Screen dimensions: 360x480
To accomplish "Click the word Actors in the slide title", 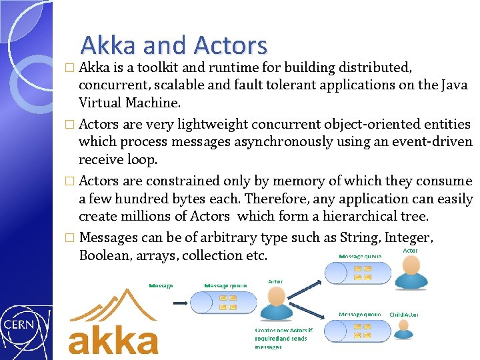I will (x=230, y=45).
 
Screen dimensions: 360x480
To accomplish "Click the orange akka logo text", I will (x=113, y=340).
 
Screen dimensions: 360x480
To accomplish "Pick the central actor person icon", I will (x=275, y=304).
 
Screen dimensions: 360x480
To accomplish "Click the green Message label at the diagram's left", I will (x=161, y=285).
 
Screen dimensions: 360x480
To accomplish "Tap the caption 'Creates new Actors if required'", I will (x=283, y=333).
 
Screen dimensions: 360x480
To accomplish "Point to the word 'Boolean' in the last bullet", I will (x=103, y=255).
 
